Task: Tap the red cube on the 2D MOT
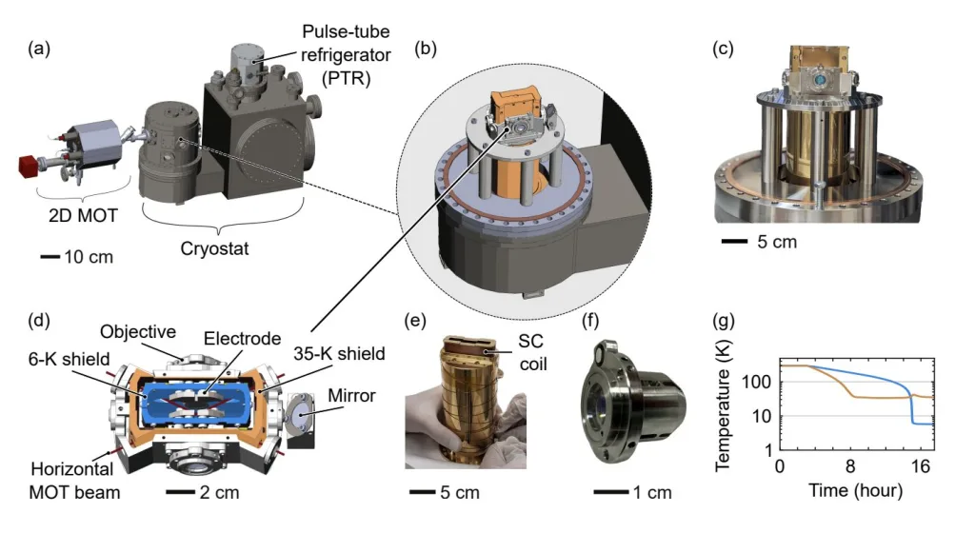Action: pyautogui.click(x=27, y=166)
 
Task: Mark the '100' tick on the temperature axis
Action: pyautogui.click(x=763, y=383)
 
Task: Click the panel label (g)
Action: pyautogui.click(x=726, y=318)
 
